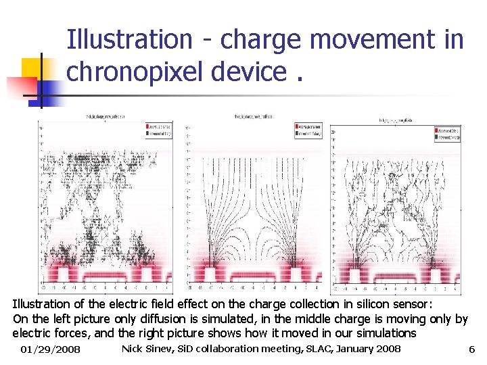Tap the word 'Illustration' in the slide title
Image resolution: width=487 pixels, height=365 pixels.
(129, 39)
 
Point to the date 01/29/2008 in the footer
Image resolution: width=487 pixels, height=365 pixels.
(50, 349)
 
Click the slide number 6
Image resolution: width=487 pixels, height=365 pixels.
(471, 349)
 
